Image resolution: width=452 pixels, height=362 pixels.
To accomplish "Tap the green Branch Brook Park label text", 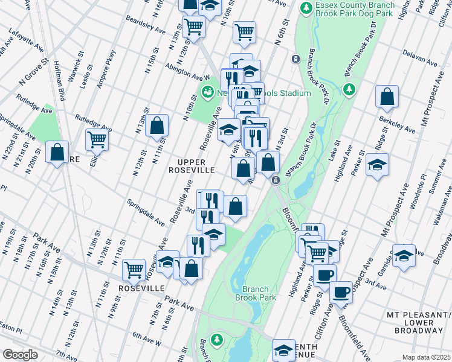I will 259,293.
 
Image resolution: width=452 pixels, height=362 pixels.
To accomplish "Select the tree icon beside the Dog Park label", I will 307,8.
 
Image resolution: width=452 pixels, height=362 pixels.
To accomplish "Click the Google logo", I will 20,355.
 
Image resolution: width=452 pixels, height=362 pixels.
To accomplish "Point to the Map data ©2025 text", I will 426,357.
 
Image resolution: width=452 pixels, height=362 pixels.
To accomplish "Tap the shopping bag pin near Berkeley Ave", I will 387,97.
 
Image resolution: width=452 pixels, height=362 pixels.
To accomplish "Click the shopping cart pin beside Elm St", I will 97,139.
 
